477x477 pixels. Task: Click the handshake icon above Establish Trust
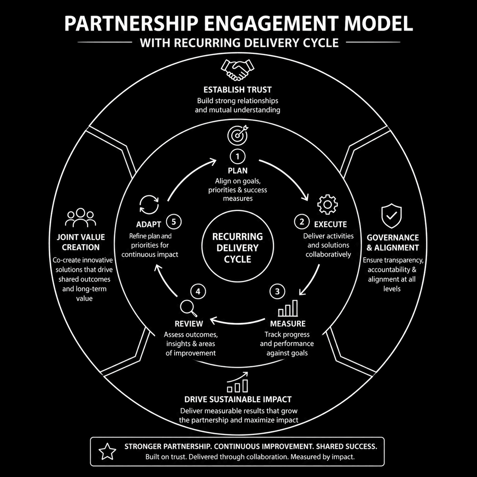(x=237, y=70)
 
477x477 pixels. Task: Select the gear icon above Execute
(x=328, y=205)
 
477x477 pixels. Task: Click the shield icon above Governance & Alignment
(x=391, y=216)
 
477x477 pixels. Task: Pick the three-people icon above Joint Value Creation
(x=80, y=218)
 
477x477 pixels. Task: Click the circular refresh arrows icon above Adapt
(x=149, y=205)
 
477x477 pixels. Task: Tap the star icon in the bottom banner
(x=107, y=452)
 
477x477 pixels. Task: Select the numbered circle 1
(x=238, y=156)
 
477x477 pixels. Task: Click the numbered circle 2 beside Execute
(x=302, y=221)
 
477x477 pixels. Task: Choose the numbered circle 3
(x=277, y=291)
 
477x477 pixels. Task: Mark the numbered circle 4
(x=198, y=291)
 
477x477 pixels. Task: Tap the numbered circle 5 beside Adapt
(x=174, y=221)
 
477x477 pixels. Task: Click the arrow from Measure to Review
(x=238, y=323)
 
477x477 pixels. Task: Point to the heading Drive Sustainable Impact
(x=238, y=399)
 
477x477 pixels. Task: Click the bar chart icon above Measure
(x=288, y=308)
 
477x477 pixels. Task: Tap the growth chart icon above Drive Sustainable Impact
(x=237, y=382)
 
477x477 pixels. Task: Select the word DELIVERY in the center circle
(x=237, y=248)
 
